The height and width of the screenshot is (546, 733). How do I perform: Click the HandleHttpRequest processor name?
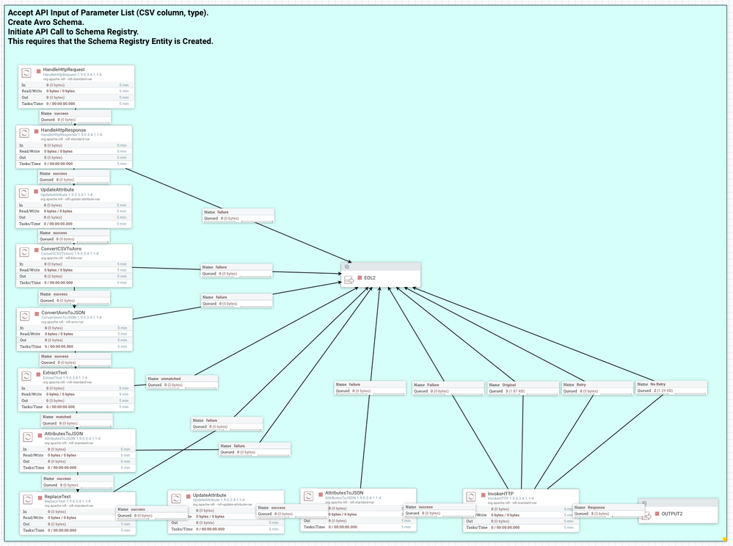[59, 70]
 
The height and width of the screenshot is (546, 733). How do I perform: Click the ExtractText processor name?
[56, 373]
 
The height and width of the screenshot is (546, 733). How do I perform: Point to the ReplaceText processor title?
[57, 496]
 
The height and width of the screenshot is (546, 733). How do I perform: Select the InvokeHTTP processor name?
[500, 494]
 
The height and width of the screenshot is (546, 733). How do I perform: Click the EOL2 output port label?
[370, 278]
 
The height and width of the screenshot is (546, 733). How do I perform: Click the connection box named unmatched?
[182, 382]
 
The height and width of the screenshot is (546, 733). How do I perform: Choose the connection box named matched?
[76, 420]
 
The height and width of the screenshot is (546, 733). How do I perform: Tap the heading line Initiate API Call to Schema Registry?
[73, 32]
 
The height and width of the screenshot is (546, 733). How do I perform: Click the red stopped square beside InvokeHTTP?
[483, 495]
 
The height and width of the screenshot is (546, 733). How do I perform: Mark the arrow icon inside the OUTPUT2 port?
[647, 514]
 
